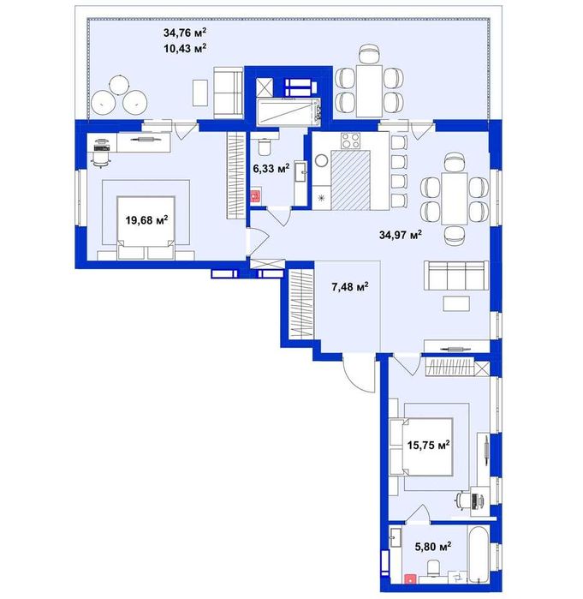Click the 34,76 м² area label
(185, 33)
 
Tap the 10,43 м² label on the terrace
(185, 49)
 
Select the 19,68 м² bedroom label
(147, 220)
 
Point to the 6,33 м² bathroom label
(271, 168)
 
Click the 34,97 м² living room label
(401, 235)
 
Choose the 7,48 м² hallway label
(350, 286)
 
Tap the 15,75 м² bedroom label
(428, 445)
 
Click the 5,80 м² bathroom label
(433, 546)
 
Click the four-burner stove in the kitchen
(350, 141)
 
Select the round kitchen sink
(321, 160)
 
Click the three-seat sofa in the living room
(456, 275)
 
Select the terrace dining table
(369, 91)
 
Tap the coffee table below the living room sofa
(456, 303)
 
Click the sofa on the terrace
(229, 92)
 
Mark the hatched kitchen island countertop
(351, 180)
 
